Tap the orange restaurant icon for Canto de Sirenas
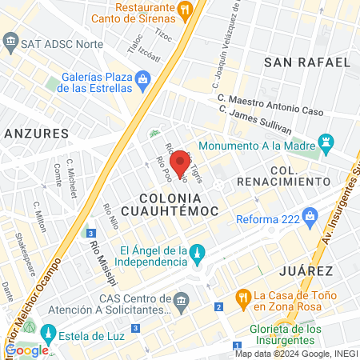click(186, 10)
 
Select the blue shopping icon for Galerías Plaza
click(143, 78)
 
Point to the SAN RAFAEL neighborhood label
click(307, 62)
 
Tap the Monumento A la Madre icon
click(325, 145)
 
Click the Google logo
click(26, 350)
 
